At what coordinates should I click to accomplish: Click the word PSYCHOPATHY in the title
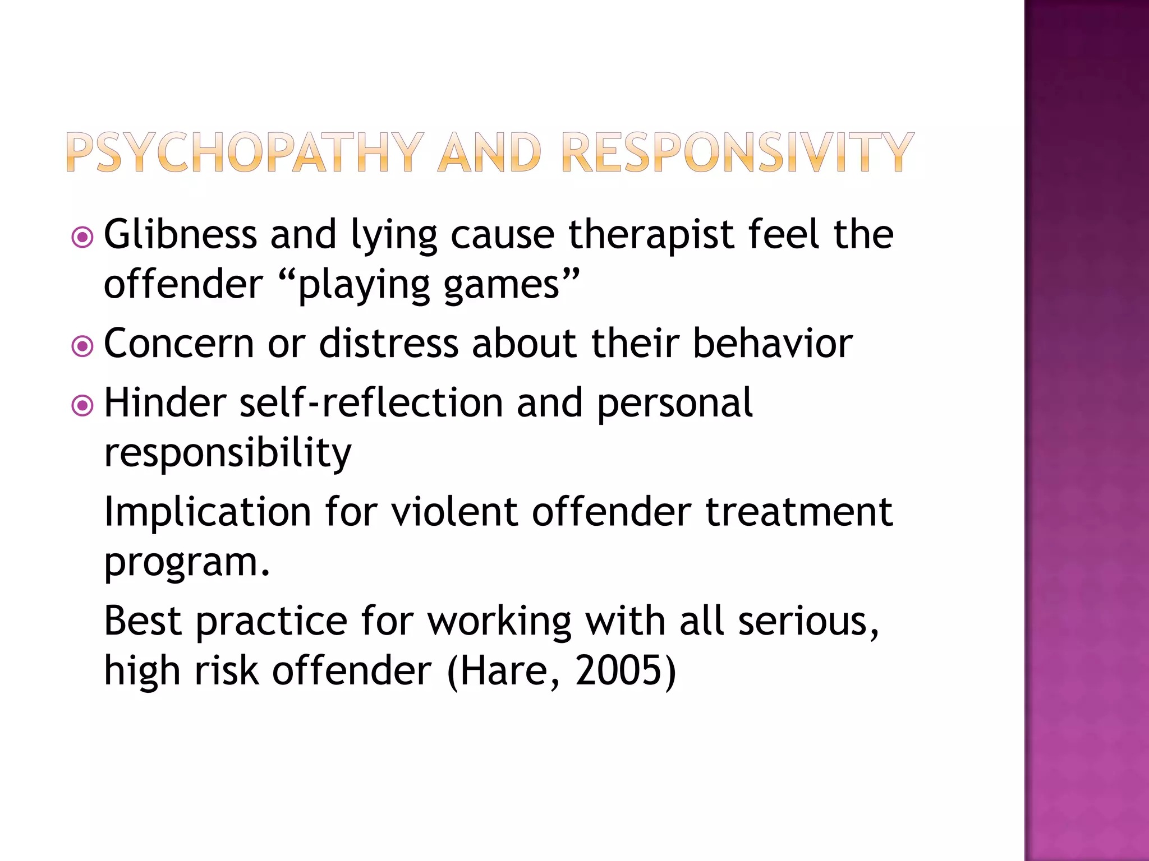pos(245,152)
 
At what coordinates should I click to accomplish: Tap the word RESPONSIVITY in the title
pos(737,152)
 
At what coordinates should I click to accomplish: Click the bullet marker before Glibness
pos(82,237)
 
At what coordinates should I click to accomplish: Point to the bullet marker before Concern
pos(82,346)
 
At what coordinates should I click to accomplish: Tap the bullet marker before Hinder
pos(82,405)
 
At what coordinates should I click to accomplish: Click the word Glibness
pos(180,234)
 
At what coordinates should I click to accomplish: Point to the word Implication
pos(208,512)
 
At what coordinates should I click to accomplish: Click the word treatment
pos(799,511)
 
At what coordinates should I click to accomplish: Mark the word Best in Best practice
pos(143,621)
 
